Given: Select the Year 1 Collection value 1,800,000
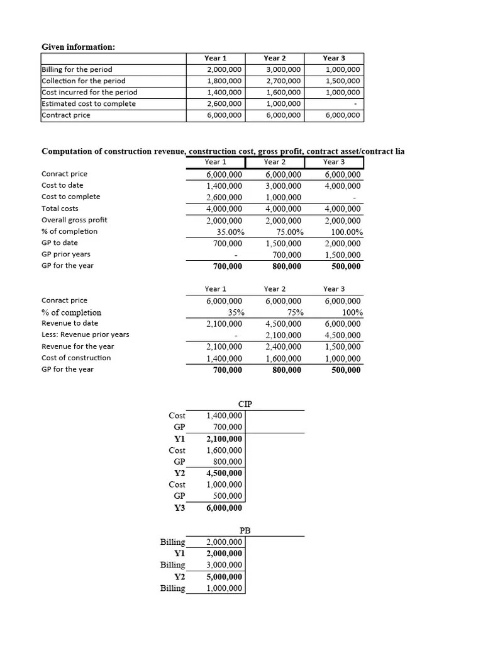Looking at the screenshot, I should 224,81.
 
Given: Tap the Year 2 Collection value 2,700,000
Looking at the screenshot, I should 283,81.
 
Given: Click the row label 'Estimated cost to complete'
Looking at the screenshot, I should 89,103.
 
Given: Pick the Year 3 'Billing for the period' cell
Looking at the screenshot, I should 343,69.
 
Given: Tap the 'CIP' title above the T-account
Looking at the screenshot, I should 245,404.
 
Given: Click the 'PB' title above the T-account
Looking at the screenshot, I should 245,530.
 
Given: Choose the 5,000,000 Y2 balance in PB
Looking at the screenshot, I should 225,576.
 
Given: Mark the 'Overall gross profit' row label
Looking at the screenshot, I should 74,220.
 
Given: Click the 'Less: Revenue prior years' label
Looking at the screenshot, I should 85,334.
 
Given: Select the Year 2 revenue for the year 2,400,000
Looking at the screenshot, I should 284,346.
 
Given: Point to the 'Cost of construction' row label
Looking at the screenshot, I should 76,358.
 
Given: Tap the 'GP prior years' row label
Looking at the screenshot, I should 66,254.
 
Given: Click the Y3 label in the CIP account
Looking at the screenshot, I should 179,508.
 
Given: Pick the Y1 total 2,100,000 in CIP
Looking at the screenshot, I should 225,439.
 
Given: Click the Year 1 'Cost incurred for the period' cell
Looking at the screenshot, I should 224,92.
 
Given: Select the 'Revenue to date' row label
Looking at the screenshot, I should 70,323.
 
